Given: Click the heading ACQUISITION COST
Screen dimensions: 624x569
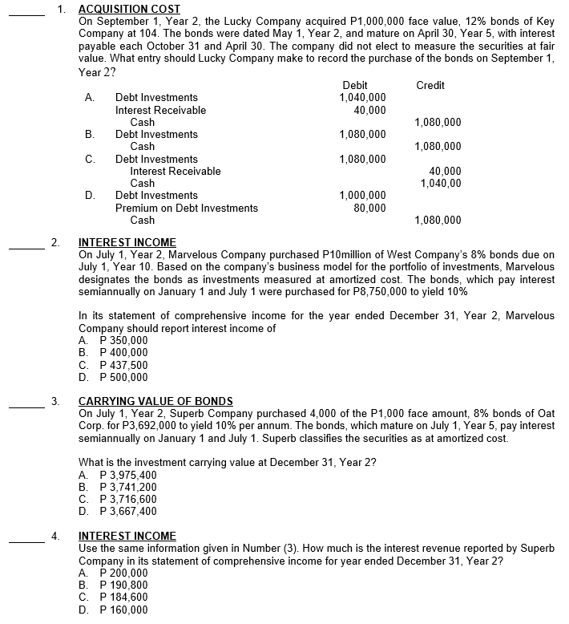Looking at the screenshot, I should coord(130,9).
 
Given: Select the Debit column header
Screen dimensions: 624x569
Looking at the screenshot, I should coord(354,85).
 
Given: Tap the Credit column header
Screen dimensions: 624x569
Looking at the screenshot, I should coord(430,85).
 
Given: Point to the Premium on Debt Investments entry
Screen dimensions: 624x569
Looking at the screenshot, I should coord(187,208).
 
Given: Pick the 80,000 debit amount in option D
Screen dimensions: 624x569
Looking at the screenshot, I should coord(369,208).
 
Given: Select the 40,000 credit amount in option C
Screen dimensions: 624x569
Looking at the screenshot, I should coord(445,171).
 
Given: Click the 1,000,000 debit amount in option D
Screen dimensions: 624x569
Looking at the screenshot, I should coord(363,196).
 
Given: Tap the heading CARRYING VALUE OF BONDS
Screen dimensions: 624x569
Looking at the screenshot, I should coord(156,401).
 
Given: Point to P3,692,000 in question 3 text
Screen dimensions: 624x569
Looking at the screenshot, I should coord(139,425).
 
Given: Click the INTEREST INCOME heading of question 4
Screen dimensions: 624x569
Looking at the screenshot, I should coord(127,536).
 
